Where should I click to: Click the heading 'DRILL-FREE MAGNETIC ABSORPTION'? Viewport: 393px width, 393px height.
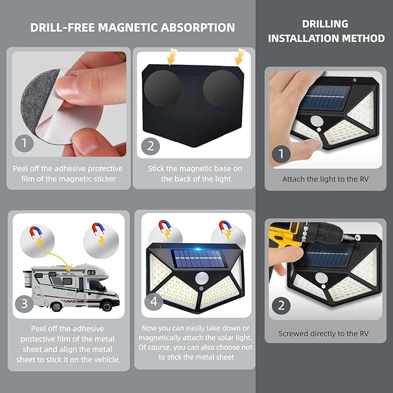pyautogui.click(x=133, y=28)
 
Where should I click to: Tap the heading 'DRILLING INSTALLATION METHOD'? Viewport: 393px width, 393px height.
pyautogui.click(x=326, y=31)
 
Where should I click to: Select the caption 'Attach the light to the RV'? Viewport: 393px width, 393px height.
pyautogui.click(x=325, y=179)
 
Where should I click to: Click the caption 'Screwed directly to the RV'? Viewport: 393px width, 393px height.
pyautogui.click(x=324, y=333)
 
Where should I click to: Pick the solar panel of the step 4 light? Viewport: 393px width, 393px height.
pyautogui.click(x=199, y=258)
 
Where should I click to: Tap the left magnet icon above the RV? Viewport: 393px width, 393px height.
pyautogui.click(x=38, y=233)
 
